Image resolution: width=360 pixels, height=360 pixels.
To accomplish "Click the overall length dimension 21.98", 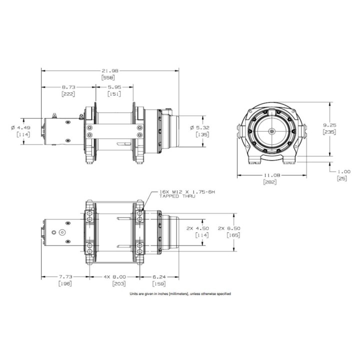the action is coord(108,70).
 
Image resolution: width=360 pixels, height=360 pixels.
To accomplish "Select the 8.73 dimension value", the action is coord(68,87).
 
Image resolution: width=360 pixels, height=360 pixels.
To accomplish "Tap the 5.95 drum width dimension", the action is coord(114,87).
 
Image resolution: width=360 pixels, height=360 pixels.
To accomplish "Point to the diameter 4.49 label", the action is coord(20,127).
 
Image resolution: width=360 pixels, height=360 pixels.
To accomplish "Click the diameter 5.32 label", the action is coord(199,127).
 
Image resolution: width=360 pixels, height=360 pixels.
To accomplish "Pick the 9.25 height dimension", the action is coord(329,125).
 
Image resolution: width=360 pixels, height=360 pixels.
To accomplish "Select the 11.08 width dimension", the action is coord(272,175).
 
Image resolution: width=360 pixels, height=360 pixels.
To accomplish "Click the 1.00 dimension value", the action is coord(343,171).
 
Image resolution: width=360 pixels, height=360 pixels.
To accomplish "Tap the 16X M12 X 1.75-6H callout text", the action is coord(187,191).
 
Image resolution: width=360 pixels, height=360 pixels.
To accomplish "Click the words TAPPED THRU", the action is coord(177,196).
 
